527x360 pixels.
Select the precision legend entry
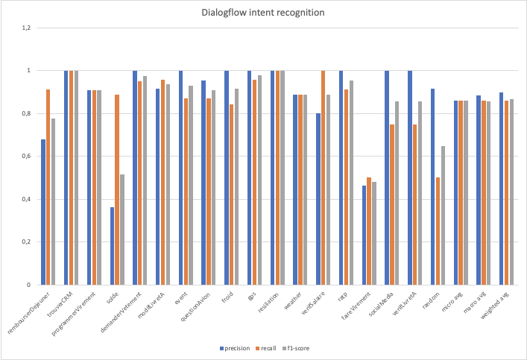coord(236,347)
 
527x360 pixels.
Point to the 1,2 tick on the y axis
coord(26,28)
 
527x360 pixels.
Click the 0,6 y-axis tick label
coord(26,157)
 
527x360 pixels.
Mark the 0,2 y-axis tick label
coord(26,242)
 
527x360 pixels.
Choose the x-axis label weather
coord(297,301)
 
